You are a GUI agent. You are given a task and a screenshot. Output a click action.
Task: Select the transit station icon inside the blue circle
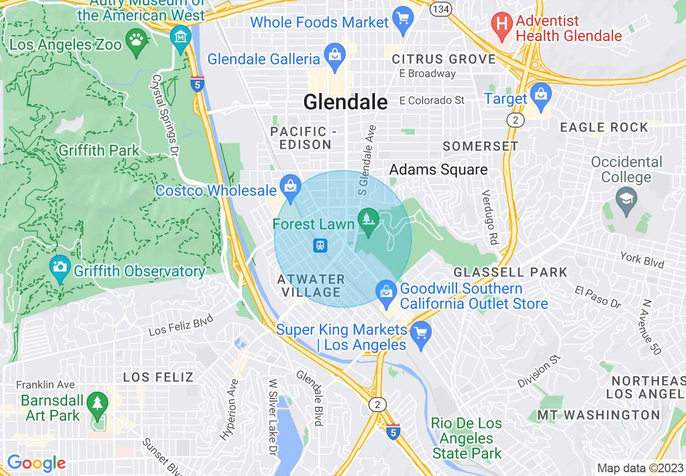pyautogui.click(x=320, y=246)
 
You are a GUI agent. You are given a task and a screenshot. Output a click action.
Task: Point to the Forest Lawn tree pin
pyautogui.click(x=370, y=220)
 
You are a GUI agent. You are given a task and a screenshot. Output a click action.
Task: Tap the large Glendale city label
pyautogui.click(x=345, y=102)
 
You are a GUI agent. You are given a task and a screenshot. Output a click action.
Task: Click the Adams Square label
pyautogui.click(x=438, y=170)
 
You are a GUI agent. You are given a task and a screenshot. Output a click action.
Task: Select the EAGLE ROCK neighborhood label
pyautogui.click(x=604, y=128)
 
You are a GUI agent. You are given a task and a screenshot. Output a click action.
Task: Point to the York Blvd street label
pyautogui.click(x=642, y=260)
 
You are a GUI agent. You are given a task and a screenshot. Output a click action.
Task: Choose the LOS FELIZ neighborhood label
pyautogui.click(x=158, y=377)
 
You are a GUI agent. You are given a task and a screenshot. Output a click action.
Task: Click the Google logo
pyautogui.click(x=36, y=463)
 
